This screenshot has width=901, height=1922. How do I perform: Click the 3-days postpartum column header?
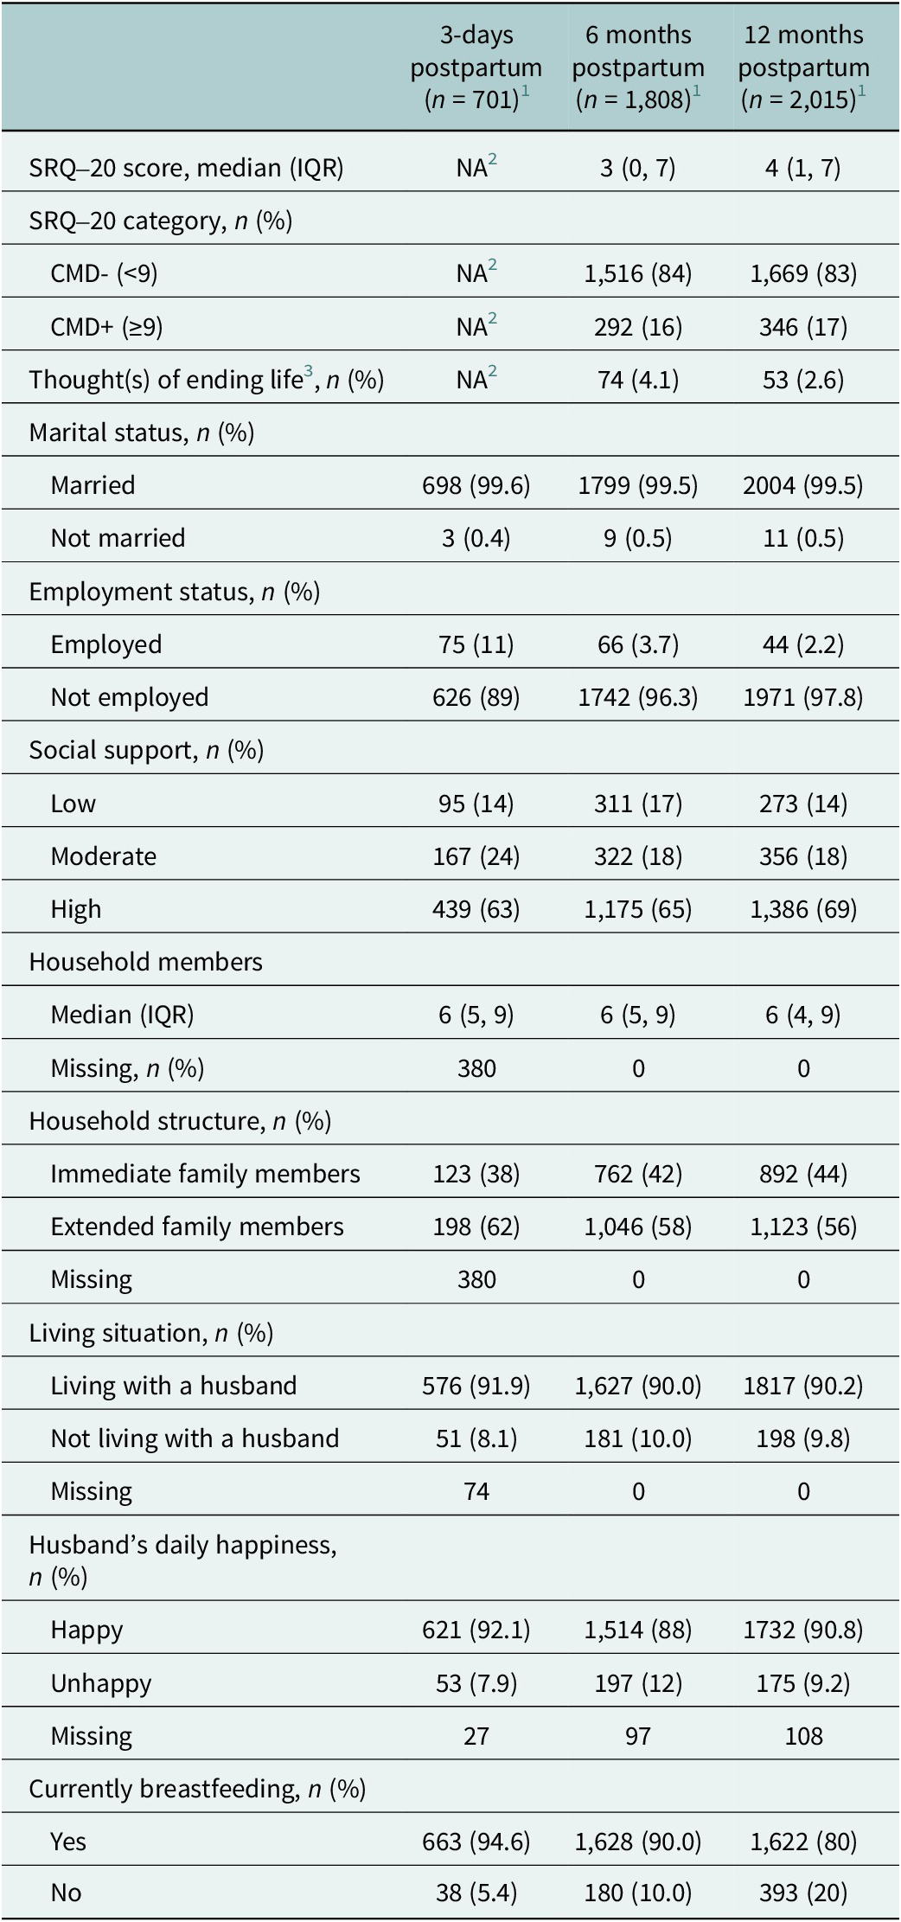476,67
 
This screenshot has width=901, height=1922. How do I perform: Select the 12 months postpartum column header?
804,67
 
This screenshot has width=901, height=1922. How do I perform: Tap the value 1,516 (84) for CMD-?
638,274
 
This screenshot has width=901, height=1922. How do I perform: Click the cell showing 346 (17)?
803,327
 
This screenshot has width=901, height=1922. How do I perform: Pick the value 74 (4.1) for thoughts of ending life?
638,380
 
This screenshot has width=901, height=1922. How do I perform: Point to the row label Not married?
118,538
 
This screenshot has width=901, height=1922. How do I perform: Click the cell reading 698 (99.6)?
476,485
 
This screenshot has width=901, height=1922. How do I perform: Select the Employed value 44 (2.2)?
803,644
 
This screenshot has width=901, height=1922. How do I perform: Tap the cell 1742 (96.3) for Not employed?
638,697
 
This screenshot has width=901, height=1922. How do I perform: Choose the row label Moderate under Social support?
104,856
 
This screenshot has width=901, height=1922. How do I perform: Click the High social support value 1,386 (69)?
803,909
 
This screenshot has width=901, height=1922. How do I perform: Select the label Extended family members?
197,1227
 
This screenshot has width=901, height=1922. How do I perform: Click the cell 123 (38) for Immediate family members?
476,1174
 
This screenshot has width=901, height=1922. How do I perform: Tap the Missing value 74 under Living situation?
476,1491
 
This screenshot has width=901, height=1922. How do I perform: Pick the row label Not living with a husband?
195,1438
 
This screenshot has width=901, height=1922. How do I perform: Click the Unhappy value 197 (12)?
638,1683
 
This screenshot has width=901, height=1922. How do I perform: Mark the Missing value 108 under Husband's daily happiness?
803,1736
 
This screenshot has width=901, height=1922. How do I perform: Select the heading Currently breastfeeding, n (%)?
197,1789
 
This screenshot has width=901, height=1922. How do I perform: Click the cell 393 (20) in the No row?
803,1893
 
